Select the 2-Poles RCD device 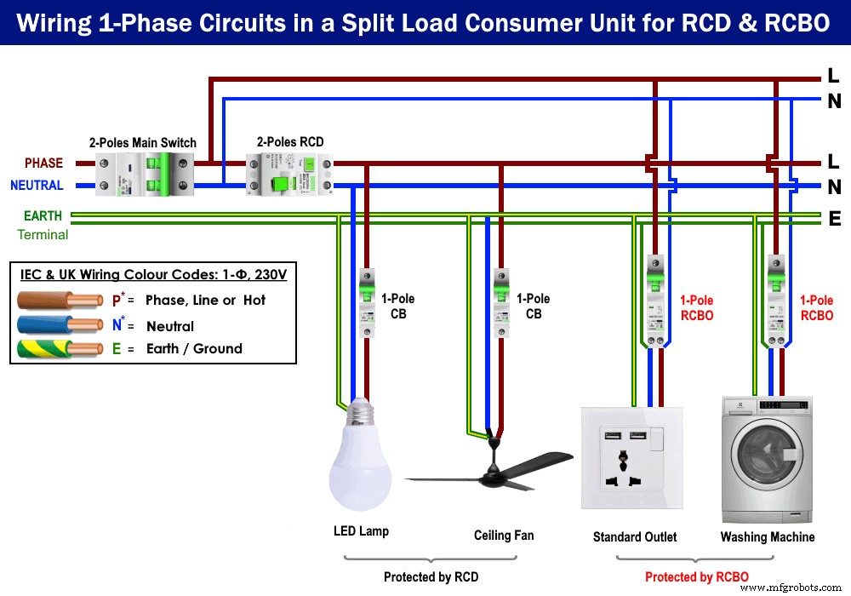coord(288,174)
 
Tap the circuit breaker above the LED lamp coord(367,303)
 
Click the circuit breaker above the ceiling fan coord(501,303)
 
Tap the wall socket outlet coord(633,458)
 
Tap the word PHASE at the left coord(43,163)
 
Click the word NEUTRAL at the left coord(37,186)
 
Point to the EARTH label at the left coord(43,216)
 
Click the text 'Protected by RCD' coord(431,577)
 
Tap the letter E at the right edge coord(834,220)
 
